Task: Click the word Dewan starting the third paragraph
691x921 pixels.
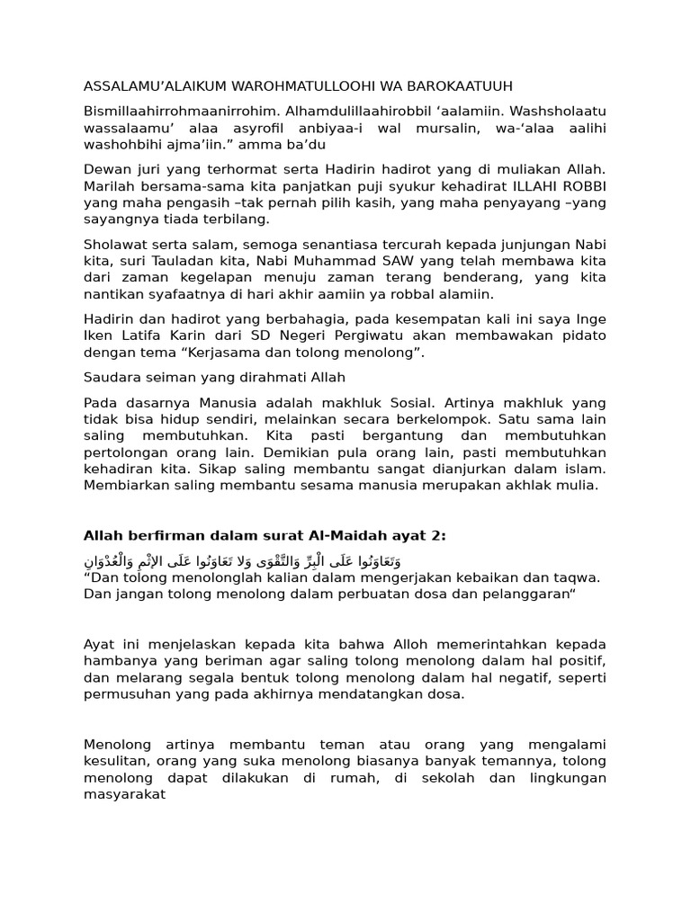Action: pos(105,169)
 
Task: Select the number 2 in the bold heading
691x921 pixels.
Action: pos(438,536)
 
